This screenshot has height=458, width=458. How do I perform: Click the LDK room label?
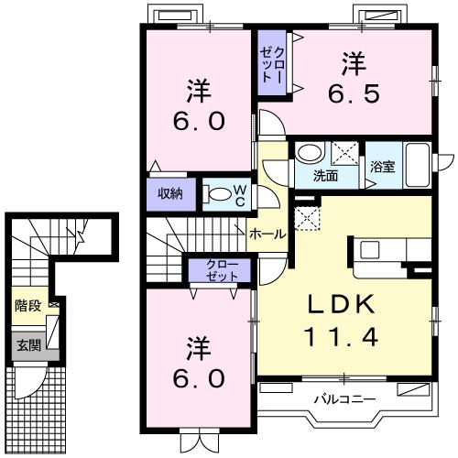pyautogui.click(x=341, y=304)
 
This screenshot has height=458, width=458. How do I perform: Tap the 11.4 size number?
pyautogui.click(x=341, y=336)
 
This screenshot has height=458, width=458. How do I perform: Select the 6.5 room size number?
pyautogui.click(x=354, y=93)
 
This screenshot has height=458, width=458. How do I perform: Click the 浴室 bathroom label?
pyautogui.click(x=383, y=167)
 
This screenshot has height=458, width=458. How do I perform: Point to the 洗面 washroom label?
pyautogui.click(x=325, y=176)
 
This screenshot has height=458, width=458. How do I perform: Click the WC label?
pyautogui.click(x=240, y=196)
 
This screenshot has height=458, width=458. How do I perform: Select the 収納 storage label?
pyautogui.click(x=170, y=193)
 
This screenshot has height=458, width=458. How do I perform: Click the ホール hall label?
pyautogui.click(x=267, y=234)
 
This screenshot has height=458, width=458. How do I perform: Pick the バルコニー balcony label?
pyautogui.click(x=345, y=398)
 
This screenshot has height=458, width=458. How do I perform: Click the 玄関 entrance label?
pyautogui.click(x=28, y=345)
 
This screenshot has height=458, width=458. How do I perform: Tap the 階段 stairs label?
pyautogui.click(x=28, y=305)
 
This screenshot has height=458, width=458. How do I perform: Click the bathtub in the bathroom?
pyautogui.click(x=417, y=165)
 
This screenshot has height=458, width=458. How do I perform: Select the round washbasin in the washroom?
pyautogui.click(x=311, y=152)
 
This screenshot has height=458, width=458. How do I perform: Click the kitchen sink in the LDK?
pyautogui.click(x=370, y=250)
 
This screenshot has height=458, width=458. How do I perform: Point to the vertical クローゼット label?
pyautogui.click(x=272, y=65)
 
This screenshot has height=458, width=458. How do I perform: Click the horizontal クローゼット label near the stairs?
pyautogui.click(x=222, y=270)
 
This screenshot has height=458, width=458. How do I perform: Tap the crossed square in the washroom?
pyautogui.click(x=345, y=154)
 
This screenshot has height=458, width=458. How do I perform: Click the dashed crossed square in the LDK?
pyautogui.click(x=307, y=218)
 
